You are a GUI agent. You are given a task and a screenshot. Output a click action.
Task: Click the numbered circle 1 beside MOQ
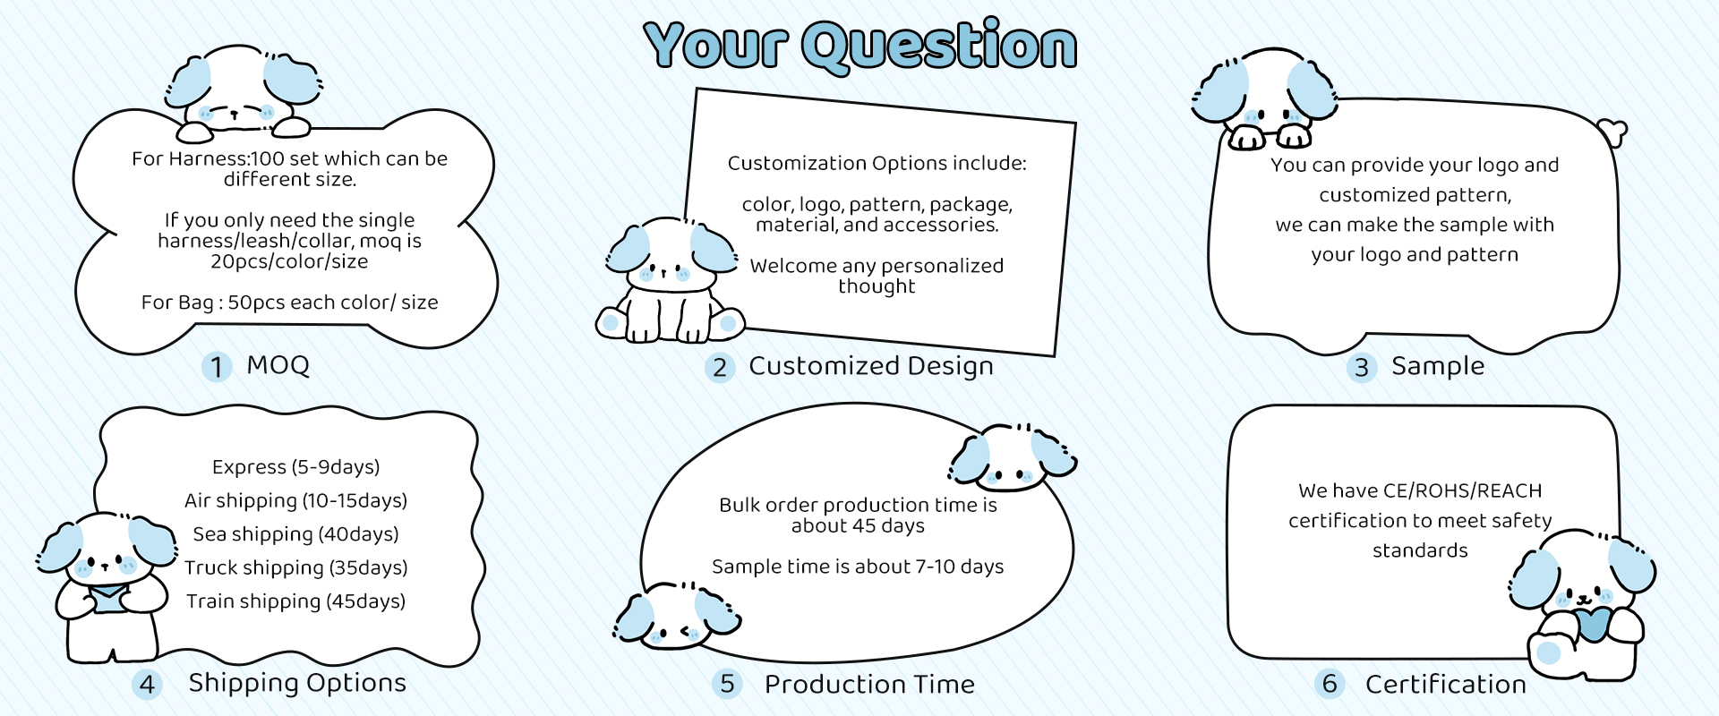click(x=217, y=366)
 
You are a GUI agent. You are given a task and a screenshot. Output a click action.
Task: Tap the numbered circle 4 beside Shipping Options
click(x=147, y=685)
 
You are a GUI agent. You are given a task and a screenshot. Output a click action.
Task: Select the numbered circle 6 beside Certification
click(x=1330, y=684)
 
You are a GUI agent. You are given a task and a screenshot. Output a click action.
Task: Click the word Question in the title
click(x=939, y=46)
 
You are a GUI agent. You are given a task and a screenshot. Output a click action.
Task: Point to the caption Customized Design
click(x=871, y=366)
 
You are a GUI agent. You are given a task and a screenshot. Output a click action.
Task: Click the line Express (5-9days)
click(x=295, y=467)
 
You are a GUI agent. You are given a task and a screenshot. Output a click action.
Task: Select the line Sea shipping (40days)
click(x=295, y=534)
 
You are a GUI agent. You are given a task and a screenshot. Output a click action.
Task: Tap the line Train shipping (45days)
click(x=295, y=601)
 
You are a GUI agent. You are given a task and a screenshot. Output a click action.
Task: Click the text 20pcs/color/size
click(x=289, y=261)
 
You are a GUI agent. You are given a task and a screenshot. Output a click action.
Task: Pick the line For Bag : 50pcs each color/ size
click(x=289, y=303)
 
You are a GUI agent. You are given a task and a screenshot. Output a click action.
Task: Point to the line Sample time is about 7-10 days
click(x=858, y=567)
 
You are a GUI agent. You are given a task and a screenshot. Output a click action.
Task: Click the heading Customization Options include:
click(x=877, y=163)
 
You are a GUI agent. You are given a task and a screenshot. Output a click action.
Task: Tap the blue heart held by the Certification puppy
click(x=1592, y=623)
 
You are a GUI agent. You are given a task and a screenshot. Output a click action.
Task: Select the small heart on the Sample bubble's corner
click(x=1612, y=132)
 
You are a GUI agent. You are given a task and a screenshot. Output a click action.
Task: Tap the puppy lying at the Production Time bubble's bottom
click(x=677, y=616)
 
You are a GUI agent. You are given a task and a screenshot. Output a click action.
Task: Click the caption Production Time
click(x=869, y=685)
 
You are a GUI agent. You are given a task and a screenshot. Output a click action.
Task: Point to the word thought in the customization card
click(x=877, y=286)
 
